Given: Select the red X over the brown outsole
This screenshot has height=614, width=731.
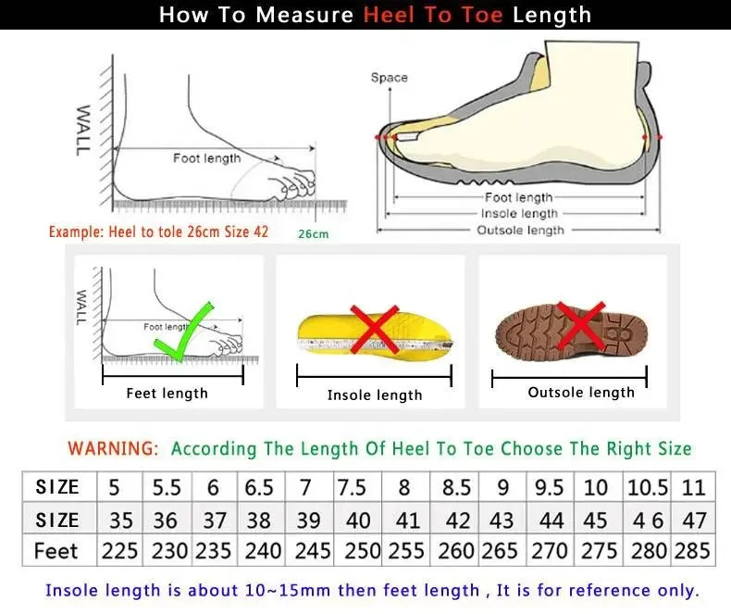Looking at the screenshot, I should tap(580, 325).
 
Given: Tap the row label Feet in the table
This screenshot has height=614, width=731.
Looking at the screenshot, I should tap(56, 550).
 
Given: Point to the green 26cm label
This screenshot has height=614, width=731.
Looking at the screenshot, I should tap(313, 234).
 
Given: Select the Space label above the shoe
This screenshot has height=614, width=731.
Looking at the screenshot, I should tap(389, 78).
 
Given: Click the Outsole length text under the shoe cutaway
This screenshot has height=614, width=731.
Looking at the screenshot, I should tap(519, 230).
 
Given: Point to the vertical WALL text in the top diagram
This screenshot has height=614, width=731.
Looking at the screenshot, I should tap(83, 129).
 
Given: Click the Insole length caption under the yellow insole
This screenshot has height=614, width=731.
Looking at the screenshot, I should tap(375, 395).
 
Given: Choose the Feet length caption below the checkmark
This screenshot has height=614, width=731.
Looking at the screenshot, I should tap(167, 394).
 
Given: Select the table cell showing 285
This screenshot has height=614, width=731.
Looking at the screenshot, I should tap(693, 550).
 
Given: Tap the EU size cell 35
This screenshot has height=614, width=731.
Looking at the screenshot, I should tap(119, 520).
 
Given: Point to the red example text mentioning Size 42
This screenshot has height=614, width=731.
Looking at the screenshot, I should tap(158, 232).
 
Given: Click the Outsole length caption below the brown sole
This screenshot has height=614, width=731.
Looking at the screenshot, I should tap(581, 393).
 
